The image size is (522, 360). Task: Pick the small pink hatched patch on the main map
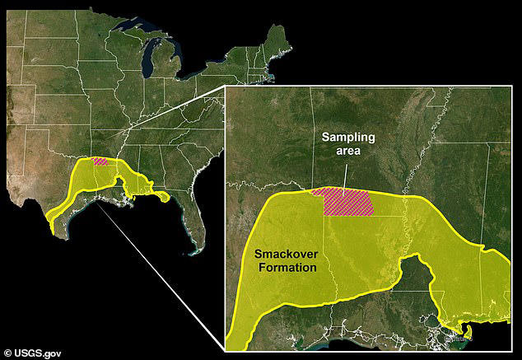(101, 161)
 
